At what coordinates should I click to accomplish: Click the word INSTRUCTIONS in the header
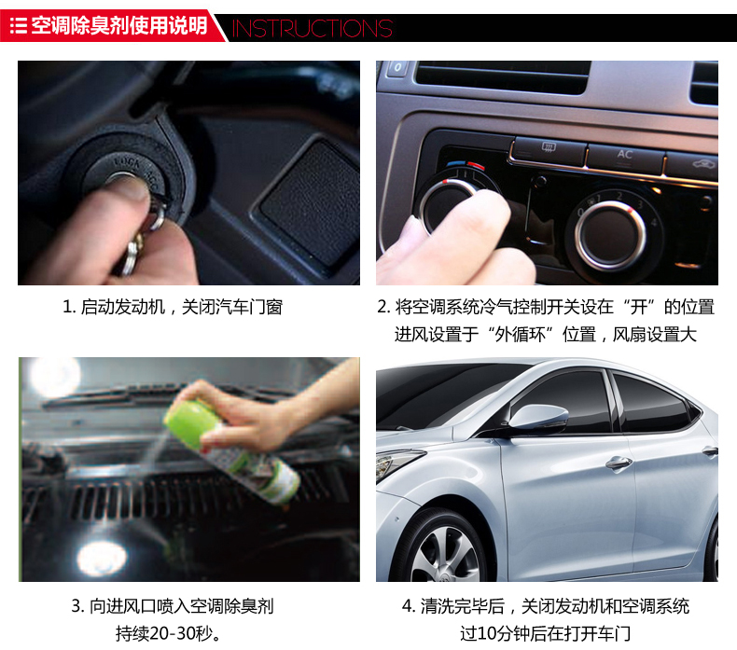[313, 28]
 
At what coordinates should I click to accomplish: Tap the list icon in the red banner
[19, 25]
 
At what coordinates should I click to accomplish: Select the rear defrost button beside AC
[549, 148]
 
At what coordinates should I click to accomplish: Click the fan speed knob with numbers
[610, 234]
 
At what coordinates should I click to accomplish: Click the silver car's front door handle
[619, 463]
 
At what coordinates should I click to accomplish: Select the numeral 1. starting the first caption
[69, 308]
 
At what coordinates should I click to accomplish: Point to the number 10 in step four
[485, 633]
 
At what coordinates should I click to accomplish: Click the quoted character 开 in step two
[639, 308]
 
